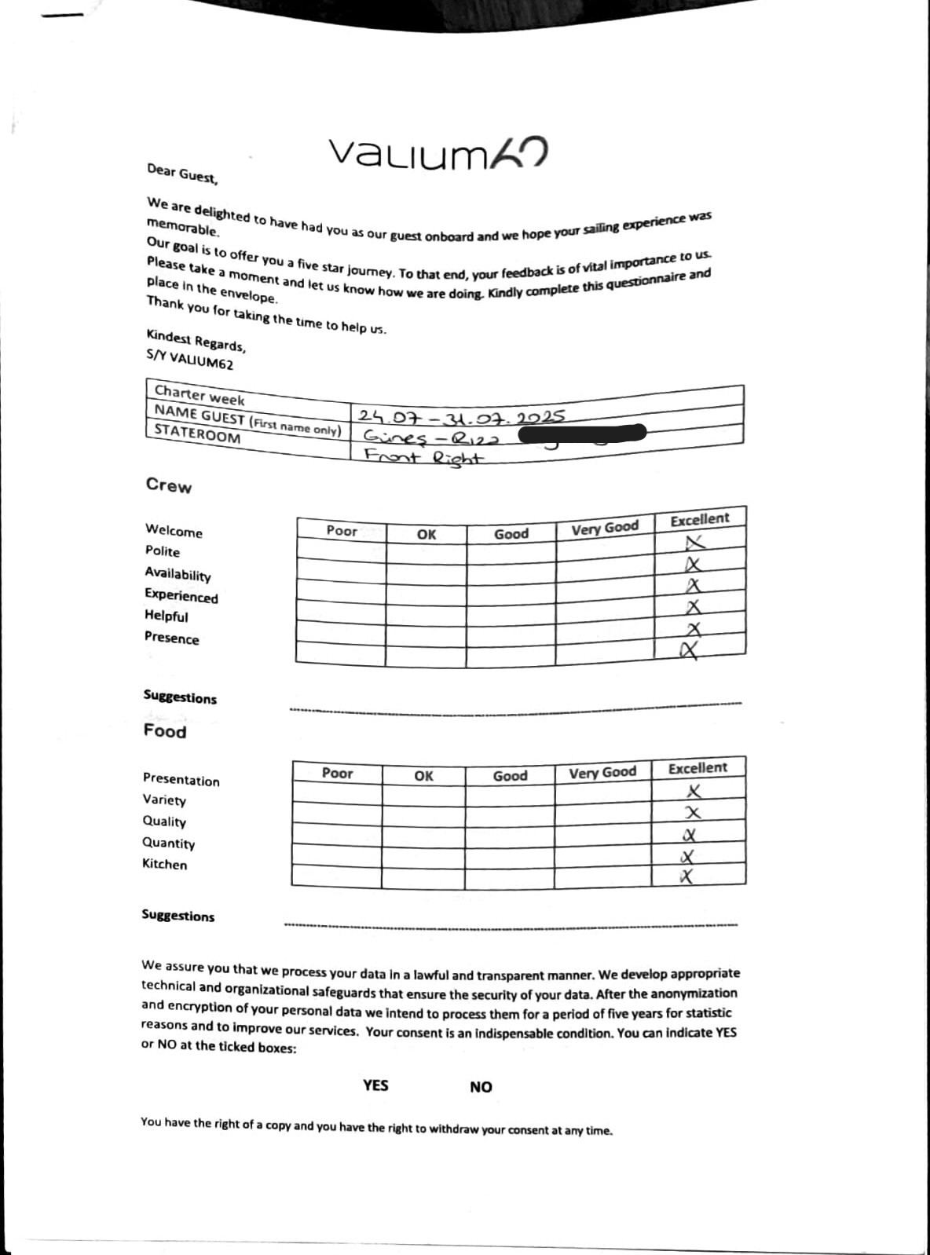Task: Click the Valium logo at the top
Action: (437, 153)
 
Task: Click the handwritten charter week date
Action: (461, 416)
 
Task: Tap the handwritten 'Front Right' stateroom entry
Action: (424, 456)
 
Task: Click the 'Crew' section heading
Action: (168, 485)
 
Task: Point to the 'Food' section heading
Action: (165, 731)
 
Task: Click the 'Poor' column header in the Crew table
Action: (342, 531)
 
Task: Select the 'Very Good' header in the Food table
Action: (602, 772)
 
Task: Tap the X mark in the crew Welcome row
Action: (695, 543)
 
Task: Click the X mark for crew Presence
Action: (690, 649)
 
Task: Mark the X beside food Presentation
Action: (694, 791)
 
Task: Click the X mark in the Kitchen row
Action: (687, 876)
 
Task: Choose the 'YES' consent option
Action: (375, 1085)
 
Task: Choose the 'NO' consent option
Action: (481, 1087)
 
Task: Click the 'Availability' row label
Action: (178, 575)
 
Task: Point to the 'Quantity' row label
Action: (168, 843)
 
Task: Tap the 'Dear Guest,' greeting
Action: (182, 174)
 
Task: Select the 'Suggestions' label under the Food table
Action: (178, 916)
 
